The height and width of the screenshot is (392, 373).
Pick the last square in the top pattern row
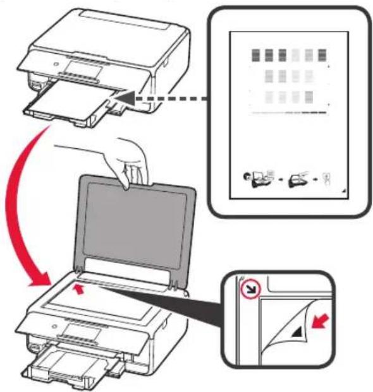[322, 55]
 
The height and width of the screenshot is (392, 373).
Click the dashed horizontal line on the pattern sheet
[289, 114]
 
